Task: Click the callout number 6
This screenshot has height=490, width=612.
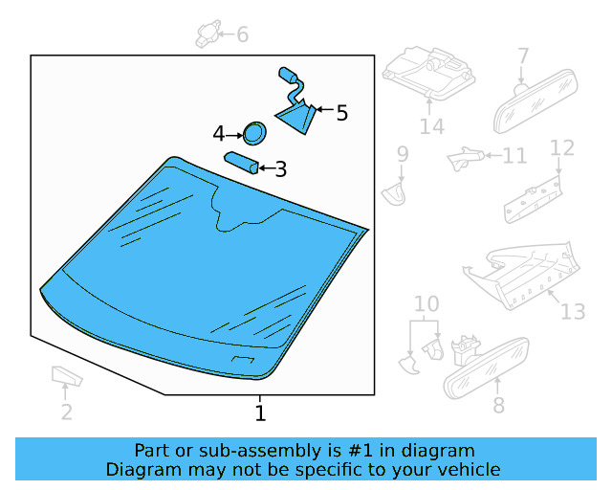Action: (x=242, y=34)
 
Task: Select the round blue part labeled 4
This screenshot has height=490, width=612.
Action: (x=254, y=133)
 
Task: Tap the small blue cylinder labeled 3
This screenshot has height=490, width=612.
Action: (x=241, y=163)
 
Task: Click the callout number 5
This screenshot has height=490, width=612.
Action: (x=342, y=113)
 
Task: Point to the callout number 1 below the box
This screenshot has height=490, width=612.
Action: (x=260, y=413)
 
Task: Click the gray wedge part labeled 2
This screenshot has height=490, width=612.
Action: (x=67, y=376)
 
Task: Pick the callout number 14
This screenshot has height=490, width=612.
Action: (x=432, y=126)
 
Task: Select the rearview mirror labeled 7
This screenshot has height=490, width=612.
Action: (x=535, y=100)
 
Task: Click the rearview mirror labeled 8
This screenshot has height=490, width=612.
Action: (x=487, y=368)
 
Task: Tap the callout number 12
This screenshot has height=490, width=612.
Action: (x=562, y=148)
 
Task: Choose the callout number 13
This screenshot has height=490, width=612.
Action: (x=573, y=311)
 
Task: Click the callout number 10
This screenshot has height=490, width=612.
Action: (x=426, y=303)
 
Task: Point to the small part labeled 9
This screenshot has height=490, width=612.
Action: (x=393, y=194)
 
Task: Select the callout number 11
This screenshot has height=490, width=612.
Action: (x=514, y=156)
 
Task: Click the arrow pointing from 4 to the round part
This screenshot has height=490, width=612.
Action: (x=234, y=136)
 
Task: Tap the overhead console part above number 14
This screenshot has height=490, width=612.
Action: (x=428, y=73)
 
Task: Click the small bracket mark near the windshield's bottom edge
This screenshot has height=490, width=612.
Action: (x=243, y=359)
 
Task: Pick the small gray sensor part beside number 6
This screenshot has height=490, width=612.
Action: (x=208, y=34)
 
